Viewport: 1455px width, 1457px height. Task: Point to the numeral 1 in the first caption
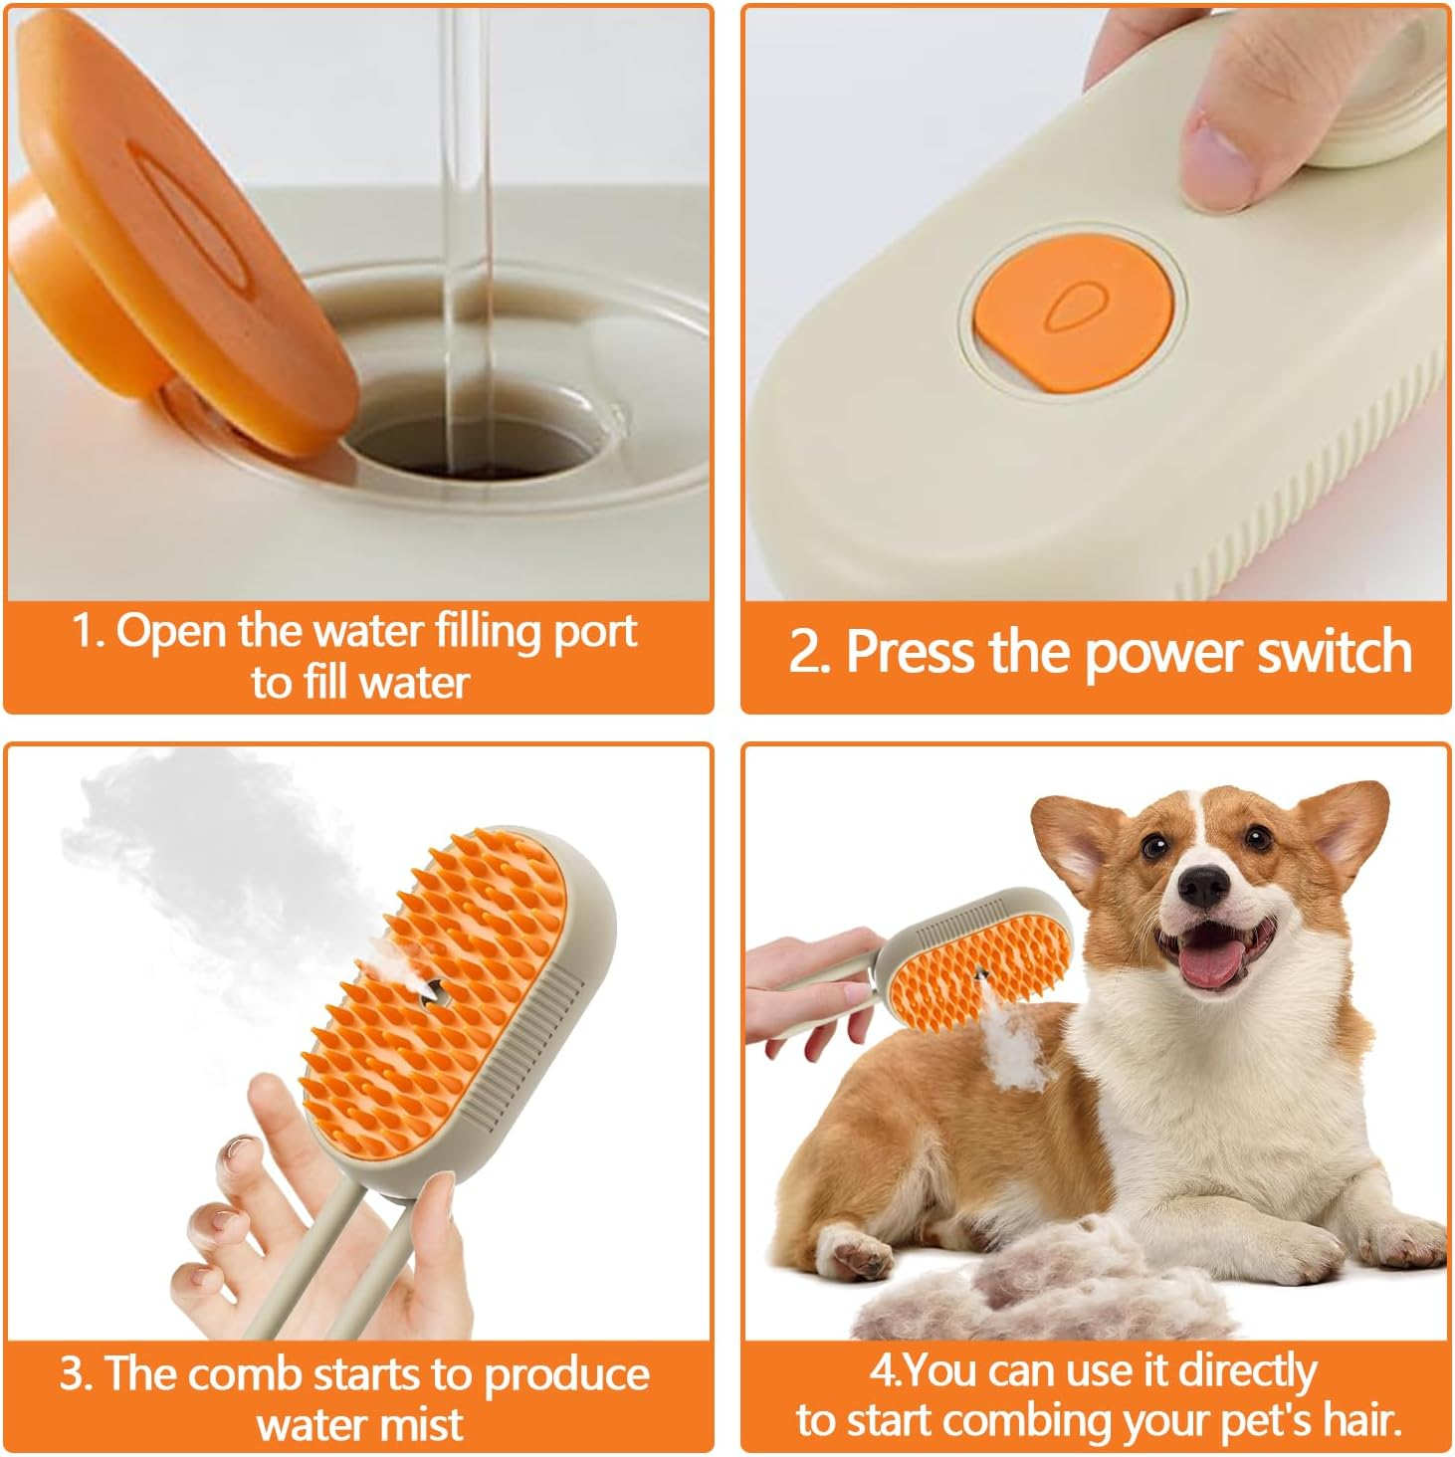86,631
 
